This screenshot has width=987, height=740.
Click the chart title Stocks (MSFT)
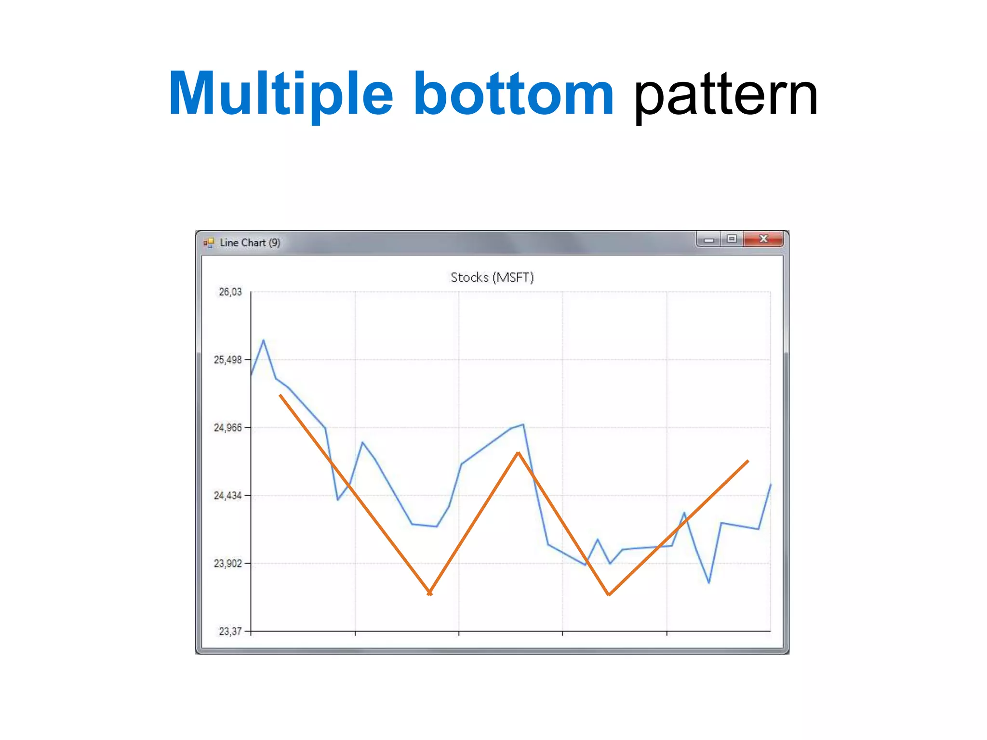[x=492, y=277]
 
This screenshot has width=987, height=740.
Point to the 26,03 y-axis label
[x=230, y=292]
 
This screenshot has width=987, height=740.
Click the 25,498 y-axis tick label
[x=228, y=360]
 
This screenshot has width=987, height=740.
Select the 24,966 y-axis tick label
[x=228, y=428]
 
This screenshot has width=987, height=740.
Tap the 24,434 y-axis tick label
[x=228, y=496]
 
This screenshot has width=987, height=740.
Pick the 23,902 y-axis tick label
[x=228, y=564]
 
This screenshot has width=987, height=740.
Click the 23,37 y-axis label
[x=230, y=632]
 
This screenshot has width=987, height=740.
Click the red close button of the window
[x=763, y=239]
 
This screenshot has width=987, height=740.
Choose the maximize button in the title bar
[x=732, y=239]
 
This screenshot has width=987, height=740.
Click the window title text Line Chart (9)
[x=250, y=243]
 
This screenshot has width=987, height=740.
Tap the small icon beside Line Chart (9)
[x=209, y=243]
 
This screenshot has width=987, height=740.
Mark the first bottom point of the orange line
[x=430, y=594]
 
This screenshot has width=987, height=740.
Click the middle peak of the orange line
[x=518, y=453]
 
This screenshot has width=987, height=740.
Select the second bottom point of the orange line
[x=609, y=595]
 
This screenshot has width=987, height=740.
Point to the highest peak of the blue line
[x=263, y=341]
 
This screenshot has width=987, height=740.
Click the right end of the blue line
[x=771, y=485]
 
